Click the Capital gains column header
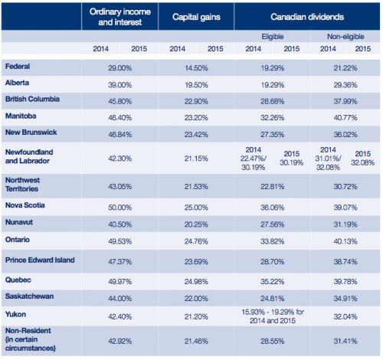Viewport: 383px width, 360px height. point(196,17)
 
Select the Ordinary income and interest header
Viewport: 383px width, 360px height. point(120,17)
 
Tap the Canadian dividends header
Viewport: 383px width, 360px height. point(307,17)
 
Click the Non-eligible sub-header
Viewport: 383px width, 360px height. point(345,37)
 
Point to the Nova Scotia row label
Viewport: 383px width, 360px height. point(25,205)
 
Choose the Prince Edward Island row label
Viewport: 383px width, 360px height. point(40,260)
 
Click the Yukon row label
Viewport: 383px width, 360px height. point(15,314)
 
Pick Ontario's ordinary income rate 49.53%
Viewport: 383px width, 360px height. point(119,241)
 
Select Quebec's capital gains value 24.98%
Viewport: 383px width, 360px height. point(196,282)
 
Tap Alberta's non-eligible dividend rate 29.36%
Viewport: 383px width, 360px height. point(345,85)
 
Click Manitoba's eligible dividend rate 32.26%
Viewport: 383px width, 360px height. point(272,118)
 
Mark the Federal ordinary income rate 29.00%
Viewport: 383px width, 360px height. point(119,68)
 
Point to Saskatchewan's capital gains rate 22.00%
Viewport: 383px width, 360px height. point(196,299)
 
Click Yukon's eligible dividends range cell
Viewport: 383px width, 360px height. point(273,316)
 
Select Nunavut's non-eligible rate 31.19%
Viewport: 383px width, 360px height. point(345,224)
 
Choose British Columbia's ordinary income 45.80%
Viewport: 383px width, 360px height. point(119,101)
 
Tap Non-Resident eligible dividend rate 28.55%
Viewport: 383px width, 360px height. point(272,341)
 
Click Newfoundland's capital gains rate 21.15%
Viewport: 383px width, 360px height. point(196,159)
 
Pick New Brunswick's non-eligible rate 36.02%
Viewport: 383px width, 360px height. point(345,135)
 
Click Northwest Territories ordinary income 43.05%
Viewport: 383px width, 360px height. point(119,187)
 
